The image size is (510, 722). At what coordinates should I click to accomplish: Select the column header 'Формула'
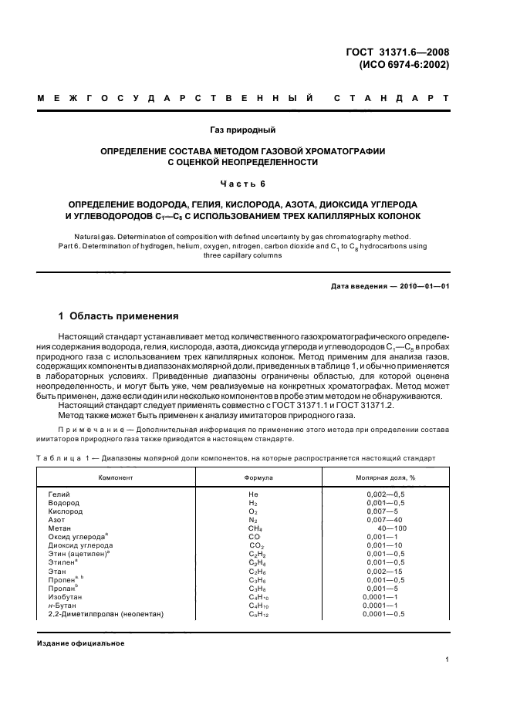tap(258, 477)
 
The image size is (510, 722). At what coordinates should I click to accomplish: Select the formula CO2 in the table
tap(256, 545)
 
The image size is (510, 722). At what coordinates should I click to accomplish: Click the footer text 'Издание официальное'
tap(81, 643)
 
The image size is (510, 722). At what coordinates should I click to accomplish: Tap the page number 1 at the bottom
tap(448, 660)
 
